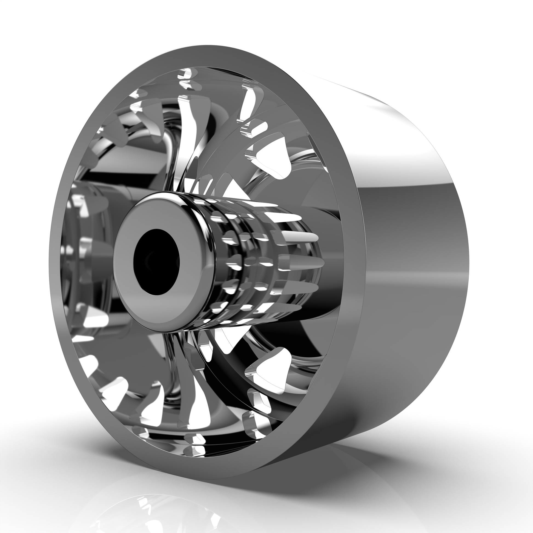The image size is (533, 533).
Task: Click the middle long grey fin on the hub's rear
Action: pos(303,262)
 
